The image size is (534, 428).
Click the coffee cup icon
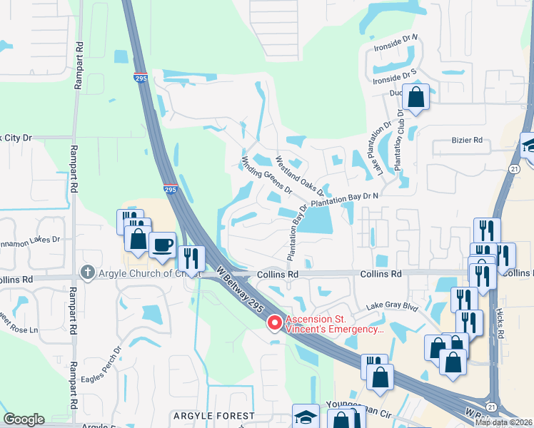[x=162, y=245]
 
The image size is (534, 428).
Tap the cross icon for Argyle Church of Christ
[x=88, y=272]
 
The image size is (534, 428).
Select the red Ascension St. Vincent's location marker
[x=274, y=324]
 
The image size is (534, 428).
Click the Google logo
[x=24, y=419]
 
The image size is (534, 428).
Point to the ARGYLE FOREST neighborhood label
[x=213, y=416]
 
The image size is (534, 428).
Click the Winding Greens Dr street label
[x=267, y=175]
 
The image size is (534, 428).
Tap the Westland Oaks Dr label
[x=300, y=177]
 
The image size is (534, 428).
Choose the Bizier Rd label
[x=468, y=141]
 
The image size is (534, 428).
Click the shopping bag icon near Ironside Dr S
[x=415, y=97]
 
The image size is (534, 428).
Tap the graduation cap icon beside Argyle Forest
[x=306, y=416]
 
